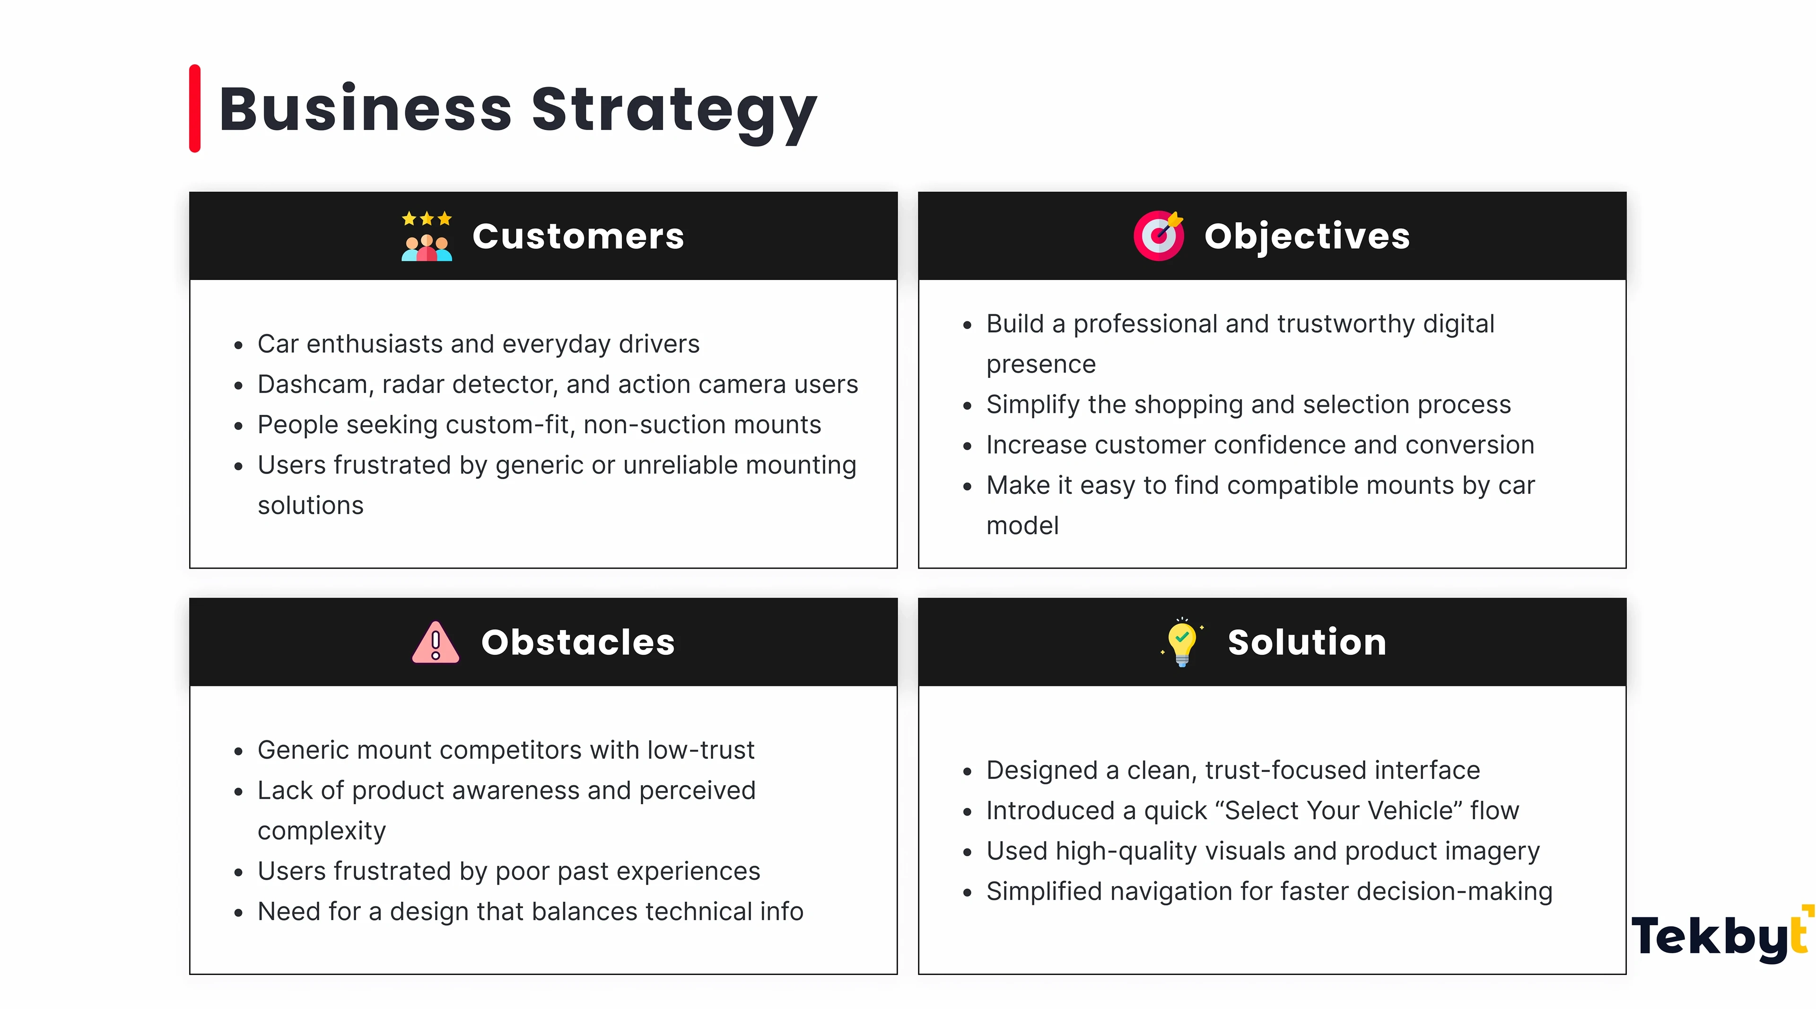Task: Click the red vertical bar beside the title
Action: pyautogui.click(x=194, y=109)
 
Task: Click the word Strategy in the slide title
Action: pyautogui.click(x=674, y=113)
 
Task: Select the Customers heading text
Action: pyautogui.click(x=578, y=236)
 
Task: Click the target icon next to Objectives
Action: pyautogui.click(x=1158, y=236)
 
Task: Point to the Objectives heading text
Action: pyautogui.click(x=1307, y=236)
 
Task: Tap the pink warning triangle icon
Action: pyautogui.click(x=436, y=642)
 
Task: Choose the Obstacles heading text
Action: pyautogui.click(x=578, y=642)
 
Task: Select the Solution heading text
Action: pyautogui.click(x=1307, y=642)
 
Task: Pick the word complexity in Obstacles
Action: pyautogui.click(x=322, y=831)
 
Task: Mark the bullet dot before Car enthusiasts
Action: pyautogui.click(x=238, y=345)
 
